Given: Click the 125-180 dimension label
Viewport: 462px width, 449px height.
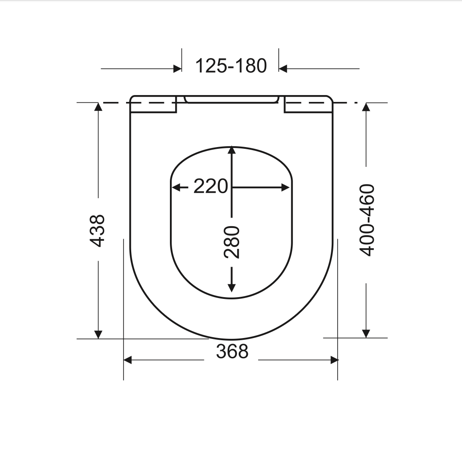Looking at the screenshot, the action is (x=231, y=66).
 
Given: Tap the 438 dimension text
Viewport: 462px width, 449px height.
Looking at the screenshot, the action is (x=97, y=231).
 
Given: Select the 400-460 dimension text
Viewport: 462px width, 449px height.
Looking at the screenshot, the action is (x=367, y=220).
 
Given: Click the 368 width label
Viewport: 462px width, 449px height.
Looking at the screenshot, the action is (x=232, y=351).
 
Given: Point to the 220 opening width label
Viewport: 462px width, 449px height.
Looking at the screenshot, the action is (x=211, y=186).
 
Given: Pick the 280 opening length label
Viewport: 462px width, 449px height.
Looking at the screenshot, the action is (x=232, y=242).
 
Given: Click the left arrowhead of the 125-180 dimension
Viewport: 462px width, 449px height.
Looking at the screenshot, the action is (x=178, y=69).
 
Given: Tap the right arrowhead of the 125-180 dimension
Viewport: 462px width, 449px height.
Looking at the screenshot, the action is (x=283, y=69).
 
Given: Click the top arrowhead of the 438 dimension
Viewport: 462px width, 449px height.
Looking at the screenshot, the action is (x=98, y=107).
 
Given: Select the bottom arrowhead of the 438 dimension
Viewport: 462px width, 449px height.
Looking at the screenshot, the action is (x=98, y=335).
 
